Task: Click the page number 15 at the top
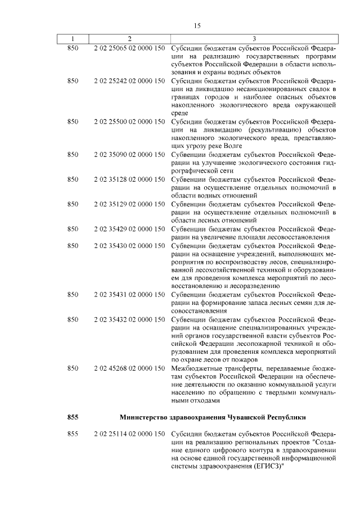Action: pos(197,25)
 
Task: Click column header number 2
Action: pos(129,39)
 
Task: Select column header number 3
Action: pos(254,39)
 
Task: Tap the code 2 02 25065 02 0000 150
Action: pos(129,49)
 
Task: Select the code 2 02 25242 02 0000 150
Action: pos(129,81)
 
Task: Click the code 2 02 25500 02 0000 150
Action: pos(129,121)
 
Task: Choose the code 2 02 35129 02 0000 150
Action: pos(129,204)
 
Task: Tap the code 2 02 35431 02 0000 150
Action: pos(129,294)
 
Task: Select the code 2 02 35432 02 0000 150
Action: pos(129,319)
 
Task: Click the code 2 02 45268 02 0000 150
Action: pos(129,368)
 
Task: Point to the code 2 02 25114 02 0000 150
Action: pos(129,434)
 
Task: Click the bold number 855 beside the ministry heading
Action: pos(73,417)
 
